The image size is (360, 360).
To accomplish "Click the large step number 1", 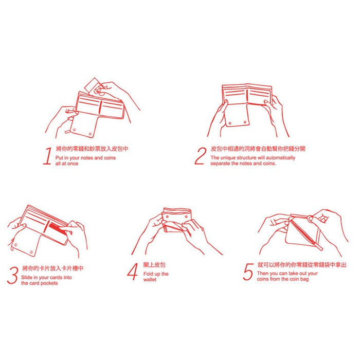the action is tap(47, 156).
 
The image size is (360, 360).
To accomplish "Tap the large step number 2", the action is tap(200, 156).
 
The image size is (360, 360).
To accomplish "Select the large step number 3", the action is tap(13, 275).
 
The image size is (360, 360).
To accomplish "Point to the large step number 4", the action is tap(133, 272).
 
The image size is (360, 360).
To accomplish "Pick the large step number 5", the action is tap(248, 272).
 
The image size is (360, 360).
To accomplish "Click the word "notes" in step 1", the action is tap(87, 158).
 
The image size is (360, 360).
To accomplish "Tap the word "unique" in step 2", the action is tap(227, 158).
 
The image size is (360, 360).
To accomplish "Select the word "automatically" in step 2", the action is tap(281, 158).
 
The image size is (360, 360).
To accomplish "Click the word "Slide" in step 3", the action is tap(27, 277).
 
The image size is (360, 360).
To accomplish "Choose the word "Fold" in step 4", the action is tap(148, 274).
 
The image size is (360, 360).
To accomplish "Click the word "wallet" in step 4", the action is tap(150, 280).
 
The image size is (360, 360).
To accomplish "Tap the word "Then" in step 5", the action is tap(263, 274).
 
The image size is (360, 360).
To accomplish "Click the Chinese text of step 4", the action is tap(154, 265).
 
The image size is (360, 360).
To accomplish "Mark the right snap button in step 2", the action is tap(245, 122).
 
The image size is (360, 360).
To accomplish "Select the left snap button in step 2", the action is tap(230, 123).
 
